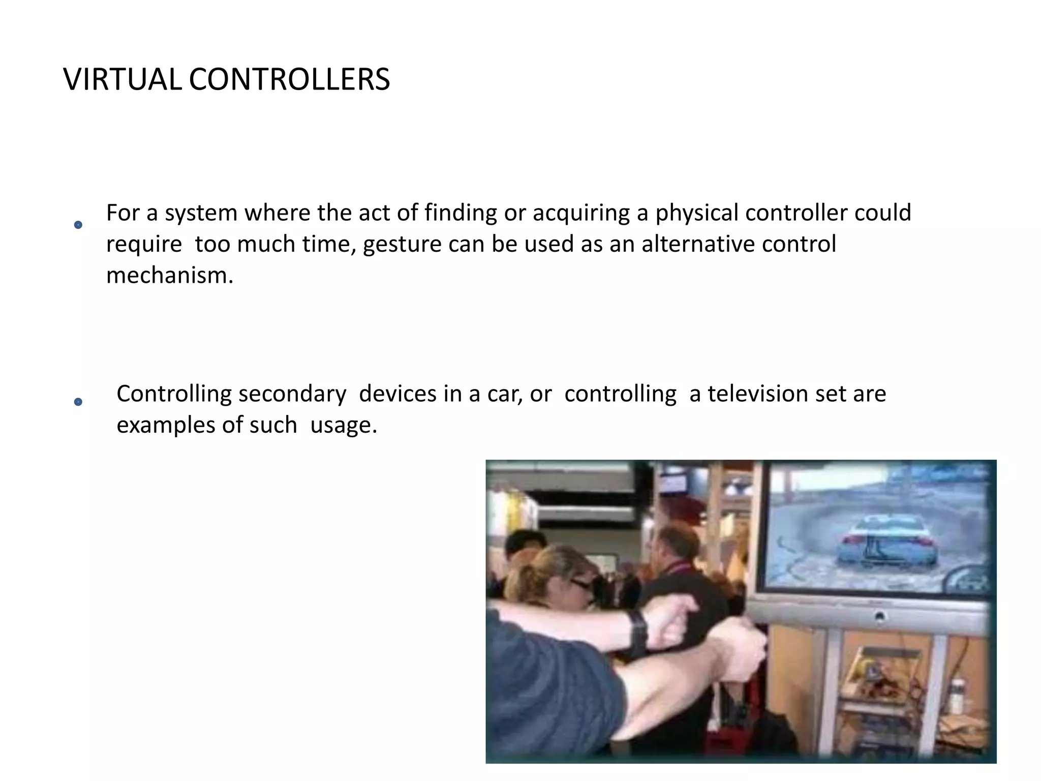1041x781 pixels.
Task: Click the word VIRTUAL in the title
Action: click(122, 80)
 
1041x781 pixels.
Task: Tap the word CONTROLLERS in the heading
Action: click(289, 80)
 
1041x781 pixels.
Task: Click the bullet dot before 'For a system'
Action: click(78, 225)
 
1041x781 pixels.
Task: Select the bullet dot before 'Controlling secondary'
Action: click(78, 402)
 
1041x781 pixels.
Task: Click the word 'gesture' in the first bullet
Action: click(400, 245)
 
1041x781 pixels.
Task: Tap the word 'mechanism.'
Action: click(170, 276)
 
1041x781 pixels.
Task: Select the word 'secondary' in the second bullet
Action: click(292, 394)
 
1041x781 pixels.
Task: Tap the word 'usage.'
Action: click(344, 425)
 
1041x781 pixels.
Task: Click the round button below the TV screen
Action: click(880, 617)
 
